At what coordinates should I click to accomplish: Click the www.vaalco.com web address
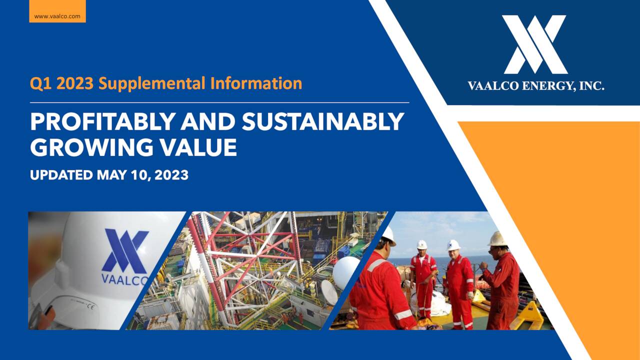57,16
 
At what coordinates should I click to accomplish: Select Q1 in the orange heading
40,83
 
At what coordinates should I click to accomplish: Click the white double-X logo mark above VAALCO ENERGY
534,44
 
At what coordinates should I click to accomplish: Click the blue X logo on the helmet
124,250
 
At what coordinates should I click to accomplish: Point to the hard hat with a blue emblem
453,245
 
